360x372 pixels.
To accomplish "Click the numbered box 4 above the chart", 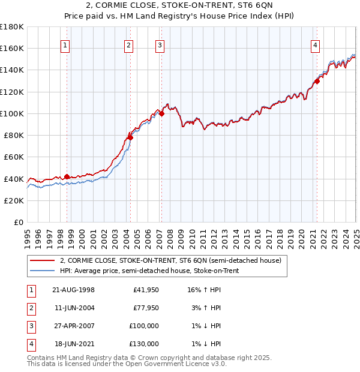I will [315, 44].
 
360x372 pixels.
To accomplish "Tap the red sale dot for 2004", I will [130, 137].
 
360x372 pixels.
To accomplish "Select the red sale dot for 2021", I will [317, 81].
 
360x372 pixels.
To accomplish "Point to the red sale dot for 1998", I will [67, 176].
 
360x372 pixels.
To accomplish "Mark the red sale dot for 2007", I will [161, 113].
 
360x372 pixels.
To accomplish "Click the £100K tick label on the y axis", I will [11, 113].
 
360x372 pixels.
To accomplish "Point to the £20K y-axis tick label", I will [14, 201].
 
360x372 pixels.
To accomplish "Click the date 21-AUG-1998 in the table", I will [73, 290].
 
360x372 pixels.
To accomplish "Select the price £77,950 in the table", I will [145, 308].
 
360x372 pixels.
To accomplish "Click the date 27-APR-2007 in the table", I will [73, 326].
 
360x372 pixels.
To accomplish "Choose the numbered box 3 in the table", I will [31, 326].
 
